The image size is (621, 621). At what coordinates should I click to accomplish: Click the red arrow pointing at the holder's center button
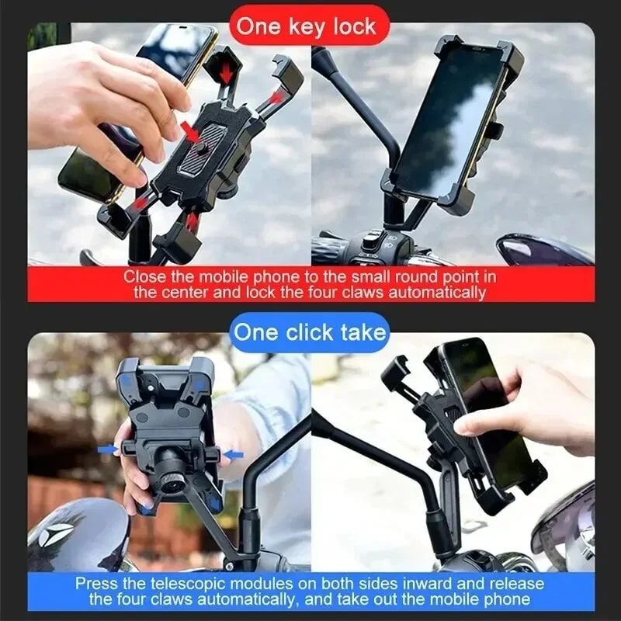(x=191, y=130)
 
